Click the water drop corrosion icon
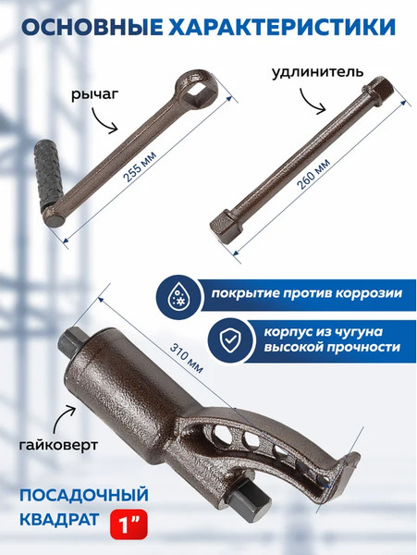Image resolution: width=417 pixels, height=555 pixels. pos(179,292)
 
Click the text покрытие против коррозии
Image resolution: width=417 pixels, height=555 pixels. pos(305,294)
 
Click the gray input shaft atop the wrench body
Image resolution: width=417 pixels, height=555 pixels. pos(71,341)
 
